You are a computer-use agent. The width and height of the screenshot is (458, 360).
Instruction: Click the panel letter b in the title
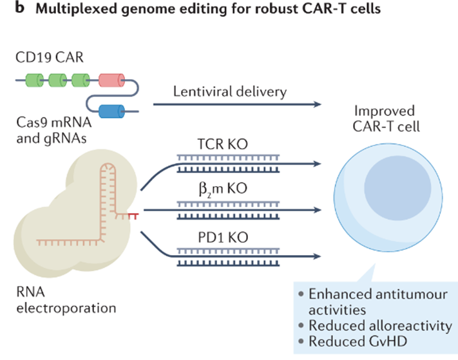pos(19,8)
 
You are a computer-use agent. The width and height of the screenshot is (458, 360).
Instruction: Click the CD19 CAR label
pos(50,57)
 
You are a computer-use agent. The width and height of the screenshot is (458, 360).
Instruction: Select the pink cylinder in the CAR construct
pos(111,81)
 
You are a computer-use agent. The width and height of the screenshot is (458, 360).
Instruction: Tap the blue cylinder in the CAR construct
pos(111,111)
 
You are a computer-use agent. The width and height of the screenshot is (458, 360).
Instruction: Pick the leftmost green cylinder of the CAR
pos(35,81)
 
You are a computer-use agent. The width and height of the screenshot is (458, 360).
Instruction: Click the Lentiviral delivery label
pos(230,91)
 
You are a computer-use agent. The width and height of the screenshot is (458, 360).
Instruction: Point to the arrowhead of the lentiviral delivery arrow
pos(317,104)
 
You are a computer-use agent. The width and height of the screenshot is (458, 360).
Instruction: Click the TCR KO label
pos(223,144)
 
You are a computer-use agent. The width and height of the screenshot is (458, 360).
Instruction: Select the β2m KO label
pos(223,189)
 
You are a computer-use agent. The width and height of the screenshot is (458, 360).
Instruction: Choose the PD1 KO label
pos(223,238)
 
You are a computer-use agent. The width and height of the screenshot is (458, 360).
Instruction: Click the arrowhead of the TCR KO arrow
pos(317,164)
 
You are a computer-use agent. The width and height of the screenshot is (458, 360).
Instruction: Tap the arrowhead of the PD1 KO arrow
pos(317,256)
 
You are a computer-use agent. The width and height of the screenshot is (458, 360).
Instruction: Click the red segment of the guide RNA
pos(133,216)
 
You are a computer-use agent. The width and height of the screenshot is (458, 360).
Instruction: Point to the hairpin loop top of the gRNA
pos(108,166)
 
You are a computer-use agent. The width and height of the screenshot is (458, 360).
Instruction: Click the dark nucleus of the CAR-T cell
pos(397,188)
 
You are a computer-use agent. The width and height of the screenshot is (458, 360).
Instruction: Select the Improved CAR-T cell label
pos(386,119)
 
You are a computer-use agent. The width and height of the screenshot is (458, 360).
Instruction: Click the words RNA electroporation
pos(66,300)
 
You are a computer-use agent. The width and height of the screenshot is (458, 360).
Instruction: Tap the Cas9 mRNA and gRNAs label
pos(54,130)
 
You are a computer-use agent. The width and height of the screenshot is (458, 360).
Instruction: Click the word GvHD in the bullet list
pos(387,341)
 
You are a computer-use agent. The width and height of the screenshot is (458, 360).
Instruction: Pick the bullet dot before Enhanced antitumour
pos(301,294)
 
